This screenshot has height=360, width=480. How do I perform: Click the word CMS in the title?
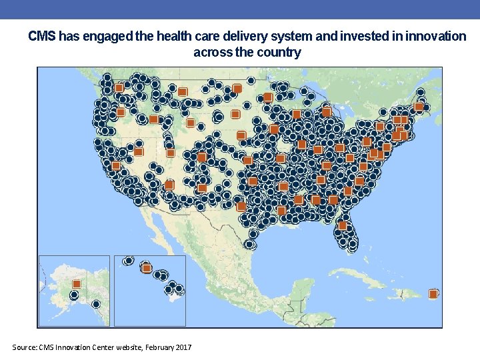(42, 37)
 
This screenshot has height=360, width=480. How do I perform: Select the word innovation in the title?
(436, 37)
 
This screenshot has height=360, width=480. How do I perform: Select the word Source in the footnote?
(25, 347)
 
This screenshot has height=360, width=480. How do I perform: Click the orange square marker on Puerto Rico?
(433, 294)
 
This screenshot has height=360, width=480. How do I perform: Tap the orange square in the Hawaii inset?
(147, 268)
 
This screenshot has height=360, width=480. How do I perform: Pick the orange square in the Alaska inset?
(76, 284)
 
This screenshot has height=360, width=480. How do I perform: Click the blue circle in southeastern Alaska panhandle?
(96, 304)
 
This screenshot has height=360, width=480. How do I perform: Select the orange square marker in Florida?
(343, 225)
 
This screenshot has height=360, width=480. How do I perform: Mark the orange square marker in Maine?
(419, 107)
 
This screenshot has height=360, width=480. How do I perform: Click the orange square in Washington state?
(119, 88)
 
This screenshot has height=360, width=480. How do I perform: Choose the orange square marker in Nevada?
(139, 152)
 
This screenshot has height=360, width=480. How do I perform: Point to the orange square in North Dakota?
(237, 88)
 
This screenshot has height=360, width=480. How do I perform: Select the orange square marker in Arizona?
(169, 184)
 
